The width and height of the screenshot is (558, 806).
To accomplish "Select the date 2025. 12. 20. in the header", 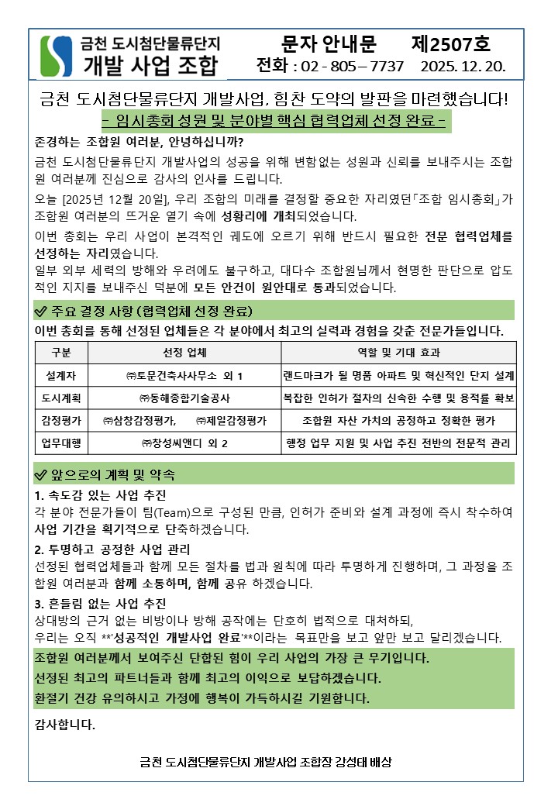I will (463, 66).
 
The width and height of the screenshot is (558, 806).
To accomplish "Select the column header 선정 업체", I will (184, 353).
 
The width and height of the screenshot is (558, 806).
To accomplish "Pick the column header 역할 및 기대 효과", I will (398, 353).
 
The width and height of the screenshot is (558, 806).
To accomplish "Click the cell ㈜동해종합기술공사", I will (184, 398).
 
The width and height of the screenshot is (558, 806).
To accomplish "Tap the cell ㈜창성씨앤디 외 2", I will (184, 443).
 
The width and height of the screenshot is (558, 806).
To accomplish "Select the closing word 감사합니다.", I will (65, 726).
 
